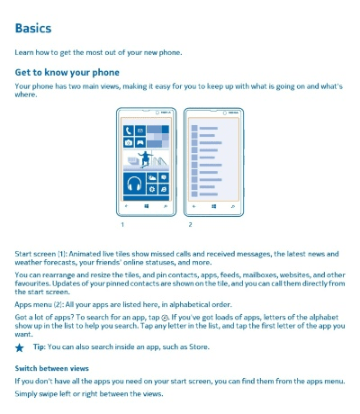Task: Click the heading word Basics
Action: [32, 29]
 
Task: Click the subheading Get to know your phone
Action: [67, 72]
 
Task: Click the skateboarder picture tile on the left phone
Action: [144, 158]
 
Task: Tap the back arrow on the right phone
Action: [194, 206]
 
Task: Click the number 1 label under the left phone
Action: [121, 224]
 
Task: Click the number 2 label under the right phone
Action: [190, 224]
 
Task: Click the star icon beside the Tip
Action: [20, 346]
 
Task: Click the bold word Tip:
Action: [39, 346]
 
